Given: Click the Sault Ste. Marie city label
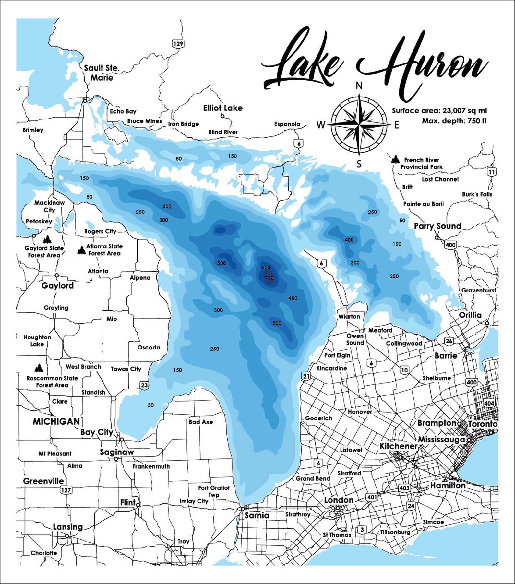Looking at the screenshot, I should [x=102, y=73].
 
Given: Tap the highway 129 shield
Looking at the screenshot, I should [x=178, y=44].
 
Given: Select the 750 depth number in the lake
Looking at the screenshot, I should [x=269, y=278].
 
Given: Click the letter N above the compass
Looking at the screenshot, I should [x=359, y=86].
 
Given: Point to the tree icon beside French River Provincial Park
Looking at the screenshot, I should [x=395, y=159].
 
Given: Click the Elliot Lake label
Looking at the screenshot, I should [x=223, y=108].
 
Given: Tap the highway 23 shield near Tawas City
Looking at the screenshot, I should [x=144, y=385].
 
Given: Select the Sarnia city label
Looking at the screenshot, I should [x=257, y=515].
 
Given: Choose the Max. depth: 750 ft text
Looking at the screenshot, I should [x=454, y=121].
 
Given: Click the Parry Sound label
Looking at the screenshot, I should [x=437, y=226].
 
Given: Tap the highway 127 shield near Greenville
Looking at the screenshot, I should [x=66, y=490].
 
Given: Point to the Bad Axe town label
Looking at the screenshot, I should [x=201, y=422].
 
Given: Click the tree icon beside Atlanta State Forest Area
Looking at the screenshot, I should [x=81, y=250].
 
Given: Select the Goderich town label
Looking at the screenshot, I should [x=318, y=418].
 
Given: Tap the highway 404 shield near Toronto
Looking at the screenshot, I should [x=489, y=403].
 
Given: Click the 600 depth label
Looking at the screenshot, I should [x=266, y=267].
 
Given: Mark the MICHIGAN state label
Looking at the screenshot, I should [x=56, y=421].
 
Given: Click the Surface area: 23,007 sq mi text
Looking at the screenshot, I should [x=439, y=111].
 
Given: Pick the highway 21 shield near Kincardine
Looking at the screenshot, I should [x=306, y=376].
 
